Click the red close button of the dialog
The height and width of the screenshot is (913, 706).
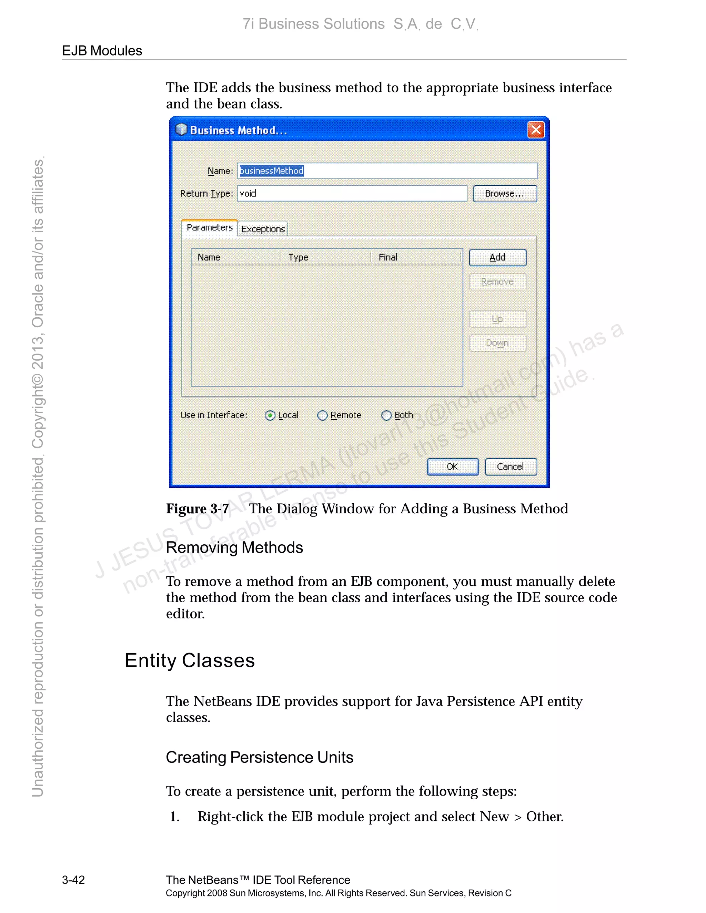coord(536,130)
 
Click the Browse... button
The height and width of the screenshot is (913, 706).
coord(505,194)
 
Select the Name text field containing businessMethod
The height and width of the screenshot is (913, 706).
coord(387,171)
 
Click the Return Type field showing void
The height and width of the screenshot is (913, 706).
coord(352,194)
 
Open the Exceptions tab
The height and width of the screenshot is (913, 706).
coord(263,229)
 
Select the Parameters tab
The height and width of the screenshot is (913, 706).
coord(210,227)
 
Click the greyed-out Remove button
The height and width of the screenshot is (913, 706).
coord(497,282)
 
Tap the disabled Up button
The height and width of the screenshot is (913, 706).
coord(497,319)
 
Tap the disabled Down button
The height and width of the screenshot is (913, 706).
coord(497,343)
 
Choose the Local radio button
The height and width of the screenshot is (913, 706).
coord(270,416)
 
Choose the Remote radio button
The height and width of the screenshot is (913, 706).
coord(322,416)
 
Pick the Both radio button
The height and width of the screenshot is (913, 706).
coord(386,416)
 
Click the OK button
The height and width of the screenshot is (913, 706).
coord(453,466)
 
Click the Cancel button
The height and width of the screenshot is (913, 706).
coord(510,466)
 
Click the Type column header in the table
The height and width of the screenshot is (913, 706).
coord(298,257)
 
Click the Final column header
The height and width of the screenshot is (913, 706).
coord(388,257)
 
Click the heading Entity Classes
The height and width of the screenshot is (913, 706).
coord(190,661)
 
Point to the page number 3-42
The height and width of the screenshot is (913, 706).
coord(74,880)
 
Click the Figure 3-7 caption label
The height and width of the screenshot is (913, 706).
coord(198,509)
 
